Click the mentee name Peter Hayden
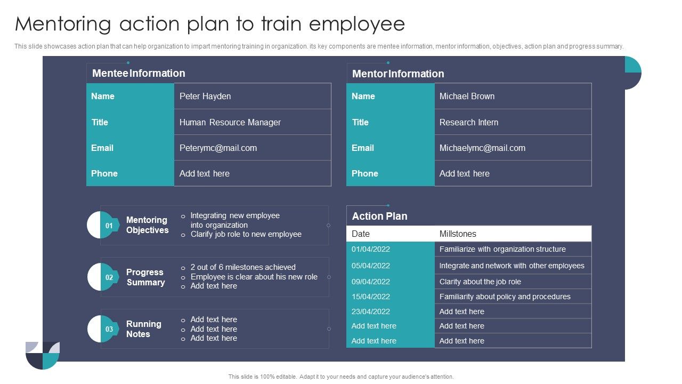(x=205, y=97)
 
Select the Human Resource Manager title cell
(x=230, y=122)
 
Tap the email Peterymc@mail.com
(x=218, y=148)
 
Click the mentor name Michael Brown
(x=467, y=97)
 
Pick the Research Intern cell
(x=469, y=122)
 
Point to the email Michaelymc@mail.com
(x=482, y=148)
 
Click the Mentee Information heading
(x=139, y=74)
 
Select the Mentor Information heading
(x=398, y=74)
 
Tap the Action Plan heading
(x=379, y=216)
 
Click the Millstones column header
(x=458, y=234)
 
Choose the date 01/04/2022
(x=371, y=249)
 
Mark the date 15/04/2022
(x=371, y=297)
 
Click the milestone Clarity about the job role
(x=480, y=282)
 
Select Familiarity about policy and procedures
(x=505, y=297)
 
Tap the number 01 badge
(x=109, y=225)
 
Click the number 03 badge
(x=109, y=329)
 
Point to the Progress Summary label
(x=145, y=277)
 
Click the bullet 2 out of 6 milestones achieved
(x=243, y=267)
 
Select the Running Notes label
(x=143, y=329)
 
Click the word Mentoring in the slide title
(x=63, y=25)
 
